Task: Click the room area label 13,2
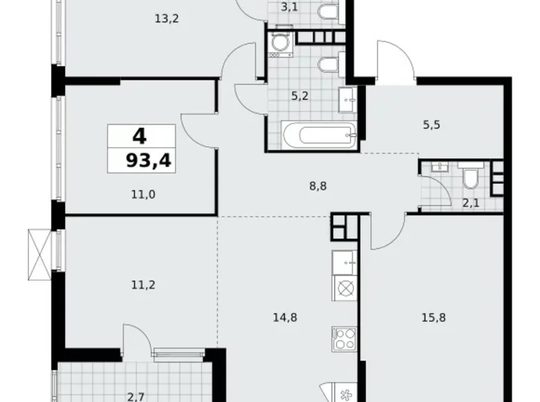[x=167, y=19]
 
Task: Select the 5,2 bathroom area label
[x=300, y=96]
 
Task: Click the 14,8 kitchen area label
[x=286, y=318]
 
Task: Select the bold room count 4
[x=140, y=135]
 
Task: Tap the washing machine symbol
[x=281, y=44]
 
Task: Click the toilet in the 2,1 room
[x=469, y=177]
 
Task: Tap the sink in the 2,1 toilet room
[x=438, y=166]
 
